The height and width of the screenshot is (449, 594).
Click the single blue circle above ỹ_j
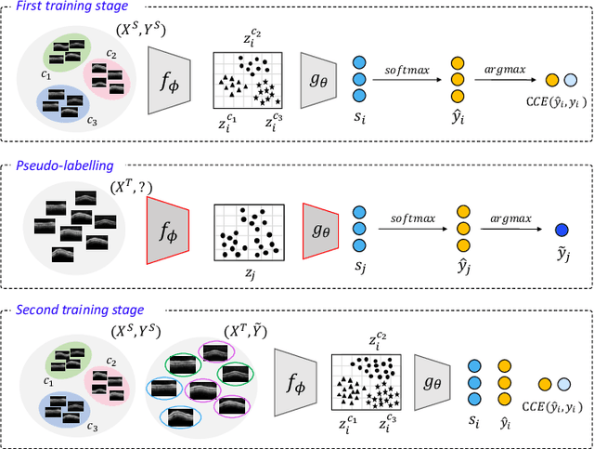pyautogui.click(x=562, y=229)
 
